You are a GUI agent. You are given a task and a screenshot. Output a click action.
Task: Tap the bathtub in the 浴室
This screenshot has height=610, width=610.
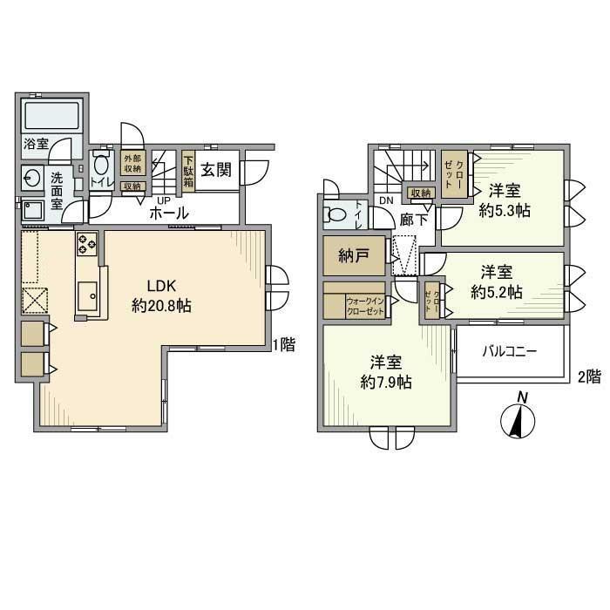51,116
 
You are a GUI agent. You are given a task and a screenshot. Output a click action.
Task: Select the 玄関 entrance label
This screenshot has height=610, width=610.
215,171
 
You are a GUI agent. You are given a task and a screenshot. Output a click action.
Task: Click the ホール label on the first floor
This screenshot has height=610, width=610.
169,213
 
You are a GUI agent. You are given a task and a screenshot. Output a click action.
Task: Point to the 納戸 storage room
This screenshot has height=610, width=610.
353,258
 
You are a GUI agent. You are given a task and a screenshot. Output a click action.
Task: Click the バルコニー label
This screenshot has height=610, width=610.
510,353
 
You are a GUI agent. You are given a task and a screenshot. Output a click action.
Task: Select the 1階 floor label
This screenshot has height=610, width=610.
282,345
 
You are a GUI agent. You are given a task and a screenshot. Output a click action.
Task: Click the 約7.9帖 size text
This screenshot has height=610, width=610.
387,382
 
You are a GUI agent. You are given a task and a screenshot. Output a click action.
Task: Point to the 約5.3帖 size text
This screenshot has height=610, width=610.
506,210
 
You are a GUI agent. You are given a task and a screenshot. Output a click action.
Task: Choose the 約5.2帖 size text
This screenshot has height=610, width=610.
497,292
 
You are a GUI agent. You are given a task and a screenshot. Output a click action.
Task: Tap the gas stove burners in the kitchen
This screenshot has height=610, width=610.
87,245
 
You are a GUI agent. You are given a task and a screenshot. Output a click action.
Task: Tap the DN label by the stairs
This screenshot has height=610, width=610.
386,202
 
